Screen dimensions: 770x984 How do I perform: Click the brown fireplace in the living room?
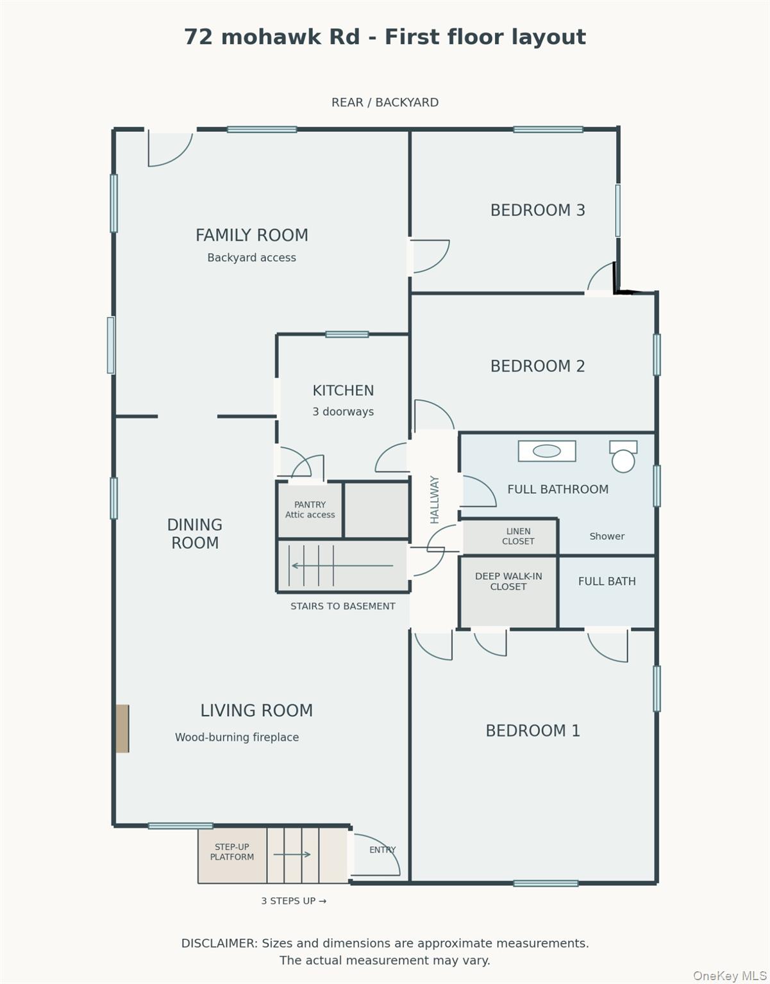coord(122,728)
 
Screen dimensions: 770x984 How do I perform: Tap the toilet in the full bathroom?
coord(623,457)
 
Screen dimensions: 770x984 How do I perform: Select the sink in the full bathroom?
coord(547,451)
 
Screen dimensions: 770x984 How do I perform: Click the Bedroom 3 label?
coord(537,210)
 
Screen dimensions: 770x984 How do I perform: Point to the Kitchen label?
coord(343,390)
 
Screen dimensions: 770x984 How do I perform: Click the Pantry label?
coord(310,504)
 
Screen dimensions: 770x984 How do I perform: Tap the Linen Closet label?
coord(518,536)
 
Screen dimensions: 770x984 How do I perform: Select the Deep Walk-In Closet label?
coord(508,582)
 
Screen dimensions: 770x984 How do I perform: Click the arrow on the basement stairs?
coord(342,566)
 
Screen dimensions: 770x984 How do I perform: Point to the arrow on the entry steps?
coord(292,855)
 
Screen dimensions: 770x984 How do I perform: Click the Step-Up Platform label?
coord(232,852)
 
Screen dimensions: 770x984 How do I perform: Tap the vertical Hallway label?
coord(435,500)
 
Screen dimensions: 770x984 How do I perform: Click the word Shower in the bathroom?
coord(607,536)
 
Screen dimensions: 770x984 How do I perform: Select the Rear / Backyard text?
coord(385,102)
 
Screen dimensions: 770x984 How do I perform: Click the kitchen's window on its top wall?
coord(347,334)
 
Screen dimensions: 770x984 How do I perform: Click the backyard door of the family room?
coord(171,147)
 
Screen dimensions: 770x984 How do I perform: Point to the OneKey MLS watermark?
coord(729,976)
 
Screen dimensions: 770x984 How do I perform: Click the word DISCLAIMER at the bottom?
coord(219,943)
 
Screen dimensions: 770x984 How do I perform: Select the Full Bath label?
coord(607,581)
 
